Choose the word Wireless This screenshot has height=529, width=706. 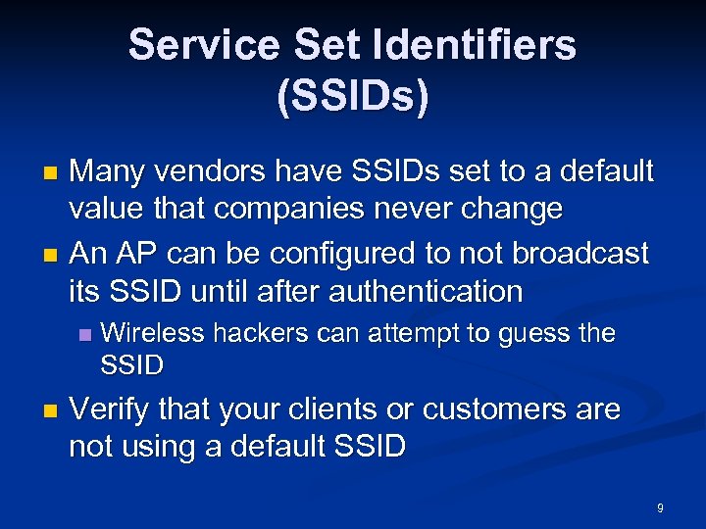(x=152, y=333)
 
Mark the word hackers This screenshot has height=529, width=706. (x=263, y=333)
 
